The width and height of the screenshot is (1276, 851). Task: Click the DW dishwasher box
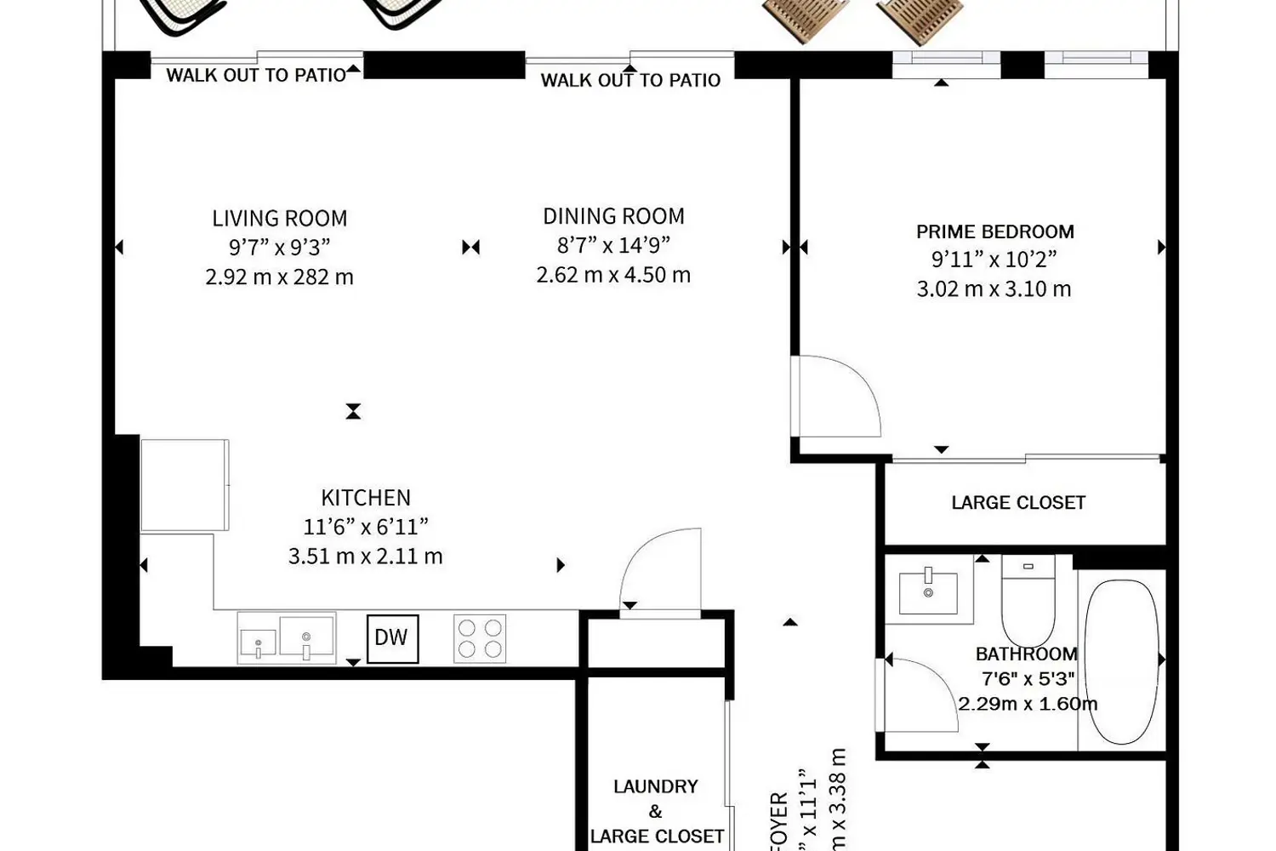pos(392,638)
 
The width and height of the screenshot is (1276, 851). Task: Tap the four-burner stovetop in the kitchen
pos(480,638)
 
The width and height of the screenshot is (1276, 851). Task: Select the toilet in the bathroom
pos(1028,599)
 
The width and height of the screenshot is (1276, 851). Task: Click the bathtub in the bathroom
pos(1122,661)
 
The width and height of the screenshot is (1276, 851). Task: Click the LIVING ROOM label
pos(280,219)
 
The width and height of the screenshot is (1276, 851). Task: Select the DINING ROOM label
pos(613,217)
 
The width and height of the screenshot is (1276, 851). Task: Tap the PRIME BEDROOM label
pos(994,231)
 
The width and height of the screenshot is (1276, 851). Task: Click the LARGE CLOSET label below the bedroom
pos(1018,503)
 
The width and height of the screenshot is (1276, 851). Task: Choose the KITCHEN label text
pos(366,498)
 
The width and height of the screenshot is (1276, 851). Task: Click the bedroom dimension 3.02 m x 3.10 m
pos(994,289)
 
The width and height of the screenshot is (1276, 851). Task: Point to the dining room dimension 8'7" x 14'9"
pos(613,245)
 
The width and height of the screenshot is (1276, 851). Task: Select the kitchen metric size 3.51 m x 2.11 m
pos(366,557)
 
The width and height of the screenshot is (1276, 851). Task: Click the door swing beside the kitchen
pos(664,568)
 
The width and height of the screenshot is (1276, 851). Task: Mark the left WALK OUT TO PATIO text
pos(256,75)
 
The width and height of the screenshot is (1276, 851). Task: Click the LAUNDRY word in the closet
pos(656,786)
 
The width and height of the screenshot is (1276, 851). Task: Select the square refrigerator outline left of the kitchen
pos(185,485)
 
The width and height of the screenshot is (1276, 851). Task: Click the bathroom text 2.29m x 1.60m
pos(1028,705)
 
